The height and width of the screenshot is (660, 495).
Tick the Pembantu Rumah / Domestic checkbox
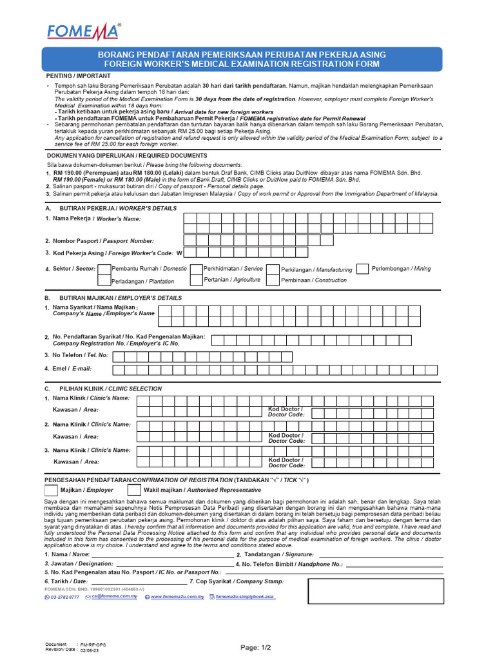tap(104, 268)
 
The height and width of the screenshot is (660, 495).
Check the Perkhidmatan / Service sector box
tap(197, 268)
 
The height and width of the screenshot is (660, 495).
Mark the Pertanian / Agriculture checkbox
tap(197, 280)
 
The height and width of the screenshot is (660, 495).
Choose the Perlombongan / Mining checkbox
tap(363, 268)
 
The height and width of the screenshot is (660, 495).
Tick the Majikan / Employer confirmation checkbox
tap(51, 490)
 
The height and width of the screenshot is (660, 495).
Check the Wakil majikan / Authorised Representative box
tap(134, 490)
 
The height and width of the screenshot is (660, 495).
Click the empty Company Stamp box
tap(375, 591)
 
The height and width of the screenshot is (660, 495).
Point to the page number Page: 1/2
tap(256, 647)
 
